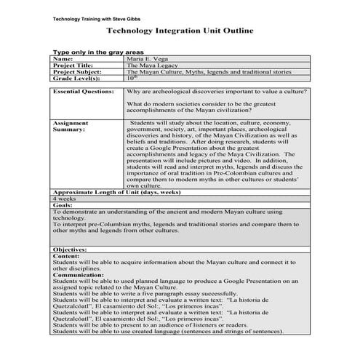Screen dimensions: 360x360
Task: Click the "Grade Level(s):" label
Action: click(x=77, y=79)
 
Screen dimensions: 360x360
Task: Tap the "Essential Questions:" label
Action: click(x=84, y=92)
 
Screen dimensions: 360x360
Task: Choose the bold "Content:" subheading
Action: click(x=66, y=256)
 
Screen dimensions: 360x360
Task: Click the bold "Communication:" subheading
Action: click(x=81, y=276)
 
